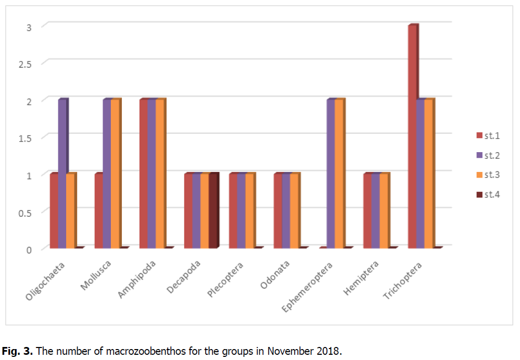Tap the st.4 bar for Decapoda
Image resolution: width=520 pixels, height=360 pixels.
[213, 211]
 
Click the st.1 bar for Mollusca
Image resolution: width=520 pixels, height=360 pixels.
[98, 211]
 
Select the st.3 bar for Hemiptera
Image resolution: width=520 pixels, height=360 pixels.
[384, 211]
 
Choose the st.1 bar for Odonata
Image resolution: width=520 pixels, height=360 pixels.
[277, 211]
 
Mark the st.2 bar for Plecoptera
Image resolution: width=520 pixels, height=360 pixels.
[241, 211]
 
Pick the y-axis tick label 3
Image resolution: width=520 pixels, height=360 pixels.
[29, 27]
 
